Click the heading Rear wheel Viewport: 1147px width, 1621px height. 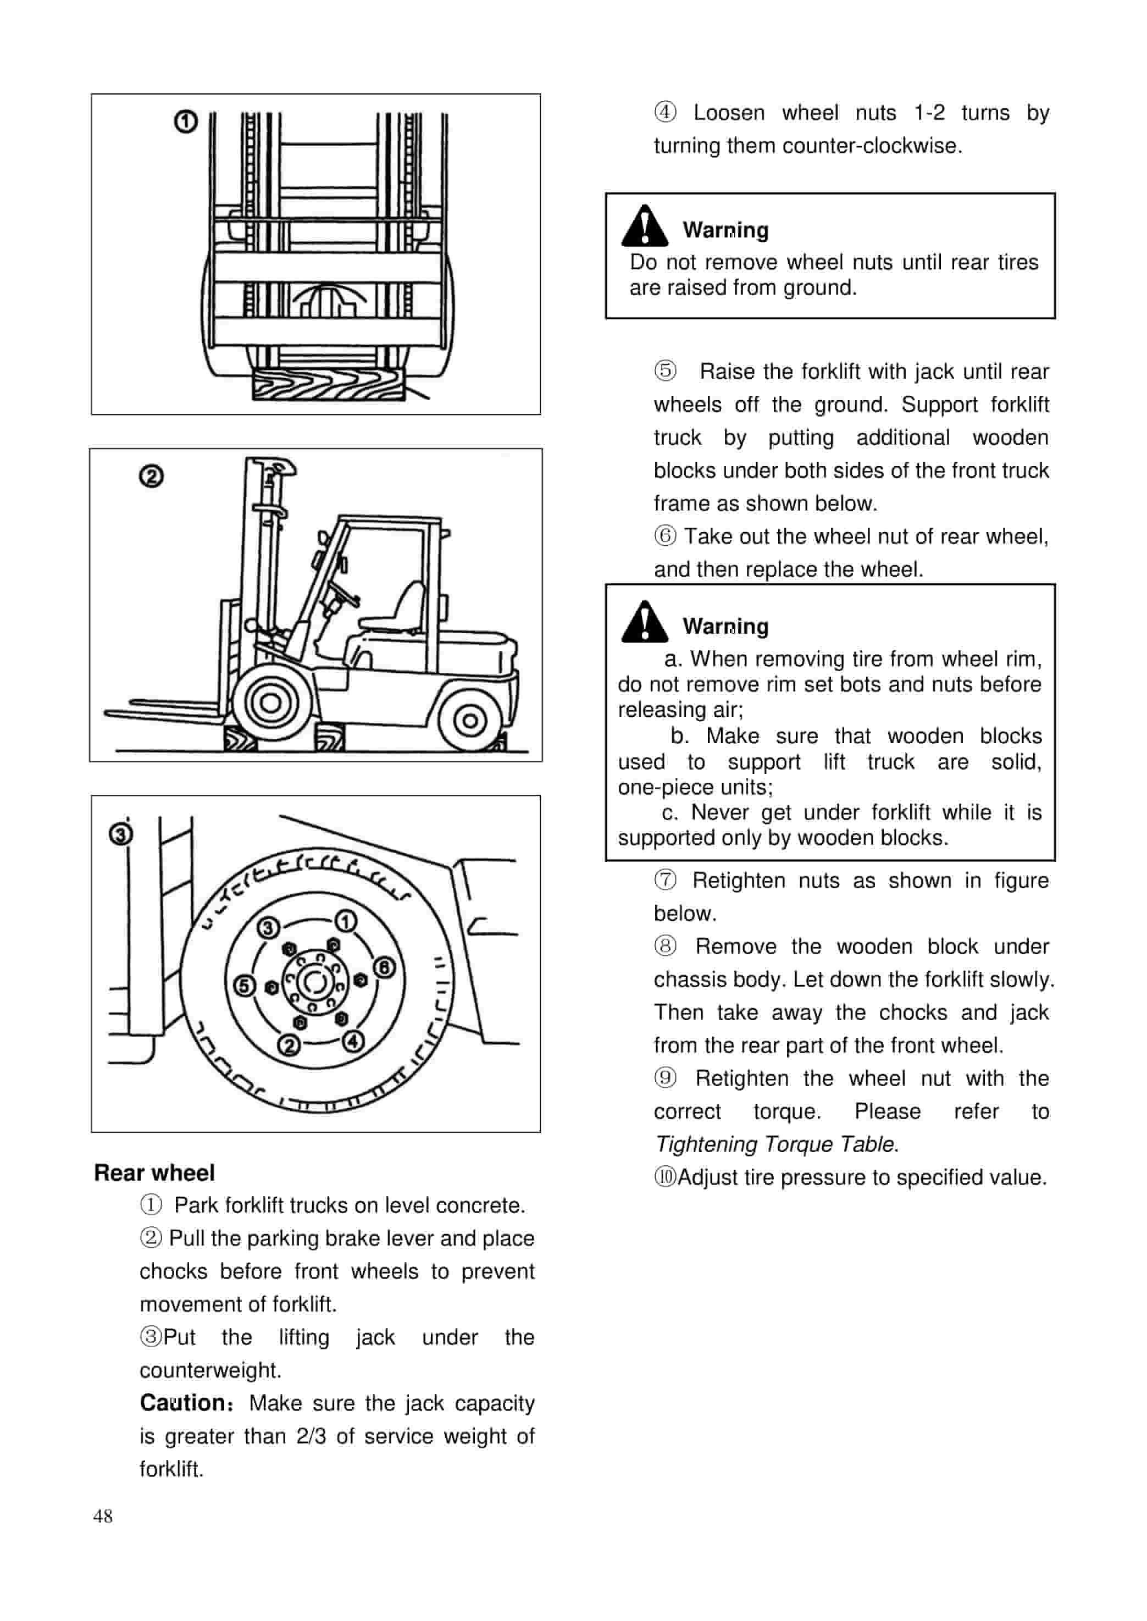pyautogui.click(x=154, y=1172)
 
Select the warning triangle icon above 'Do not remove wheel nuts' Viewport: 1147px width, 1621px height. pyautogui.click(x=644, y=226)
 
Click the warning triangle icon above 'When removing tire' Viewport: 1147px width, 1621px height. pyautogui.click(x=644, y=622)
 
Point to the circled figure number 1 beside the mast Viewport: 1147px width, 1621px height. pyautogui.click(x=186, y=122)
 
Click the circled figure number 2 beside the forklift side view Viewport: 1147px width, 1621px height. pyautogui.click(x=151, y=477)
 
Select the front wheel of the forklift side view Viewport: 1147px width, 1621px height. pyautogui.click(x=270, y=703)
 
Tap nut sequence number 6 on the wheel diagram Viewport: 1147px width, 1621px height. pyautogui.click(x=384, y=967)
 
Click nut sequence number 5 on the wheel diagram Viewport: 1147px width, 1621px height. pyautogui.click(x=245, y=986)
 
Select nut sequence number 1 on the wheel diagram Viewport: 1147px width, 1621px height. pyautogui.click(x=345, y=921)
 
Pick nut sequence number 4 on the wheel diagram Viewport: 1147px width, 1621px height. pyautogui.click(x=353, y=1041)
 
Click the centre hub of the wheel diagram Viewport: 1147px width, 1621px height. pyautogui.click(x=315, y=982)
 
